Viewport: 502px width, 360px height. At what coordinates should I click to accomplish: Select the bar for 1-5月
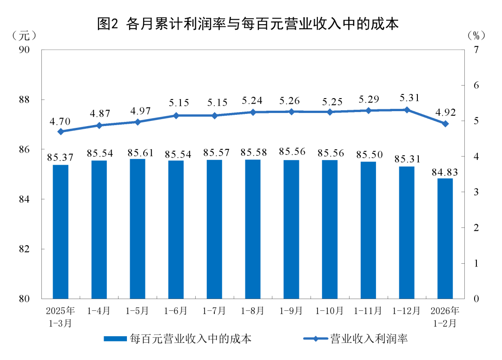pos(138,228)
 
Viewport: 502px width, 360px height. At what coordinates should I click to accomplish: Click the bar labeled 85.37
pos(60,231)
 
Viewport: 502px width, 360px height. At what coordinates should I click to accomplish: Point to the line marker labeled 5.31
pos(407,110)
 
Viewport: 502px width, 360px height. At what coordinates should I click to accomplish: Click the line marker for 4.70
pos(60,132)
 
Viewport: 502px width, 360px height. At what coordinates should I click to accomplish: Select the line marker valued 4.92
pos(445,124)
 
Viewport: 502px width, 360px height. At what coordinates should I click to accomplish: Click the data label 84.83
pos(445,172)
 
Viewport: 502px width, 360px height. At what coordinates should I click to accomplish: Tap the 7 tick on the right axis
pos(476,50)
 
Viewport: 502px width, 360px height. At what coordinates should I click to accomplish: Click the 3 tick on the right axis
pos(476,192)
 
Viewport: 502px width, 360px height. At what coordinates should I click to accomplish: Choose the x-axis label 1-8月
pos(253,311)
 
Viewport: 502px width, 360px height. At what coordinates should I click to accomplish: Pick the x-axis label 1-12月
pos(407,311)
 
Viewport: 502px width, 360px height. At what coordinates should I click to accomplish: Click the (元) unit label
pos(23,35)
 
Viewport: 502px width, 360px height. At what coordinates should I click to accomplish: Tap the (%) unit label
pos(476,35)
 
